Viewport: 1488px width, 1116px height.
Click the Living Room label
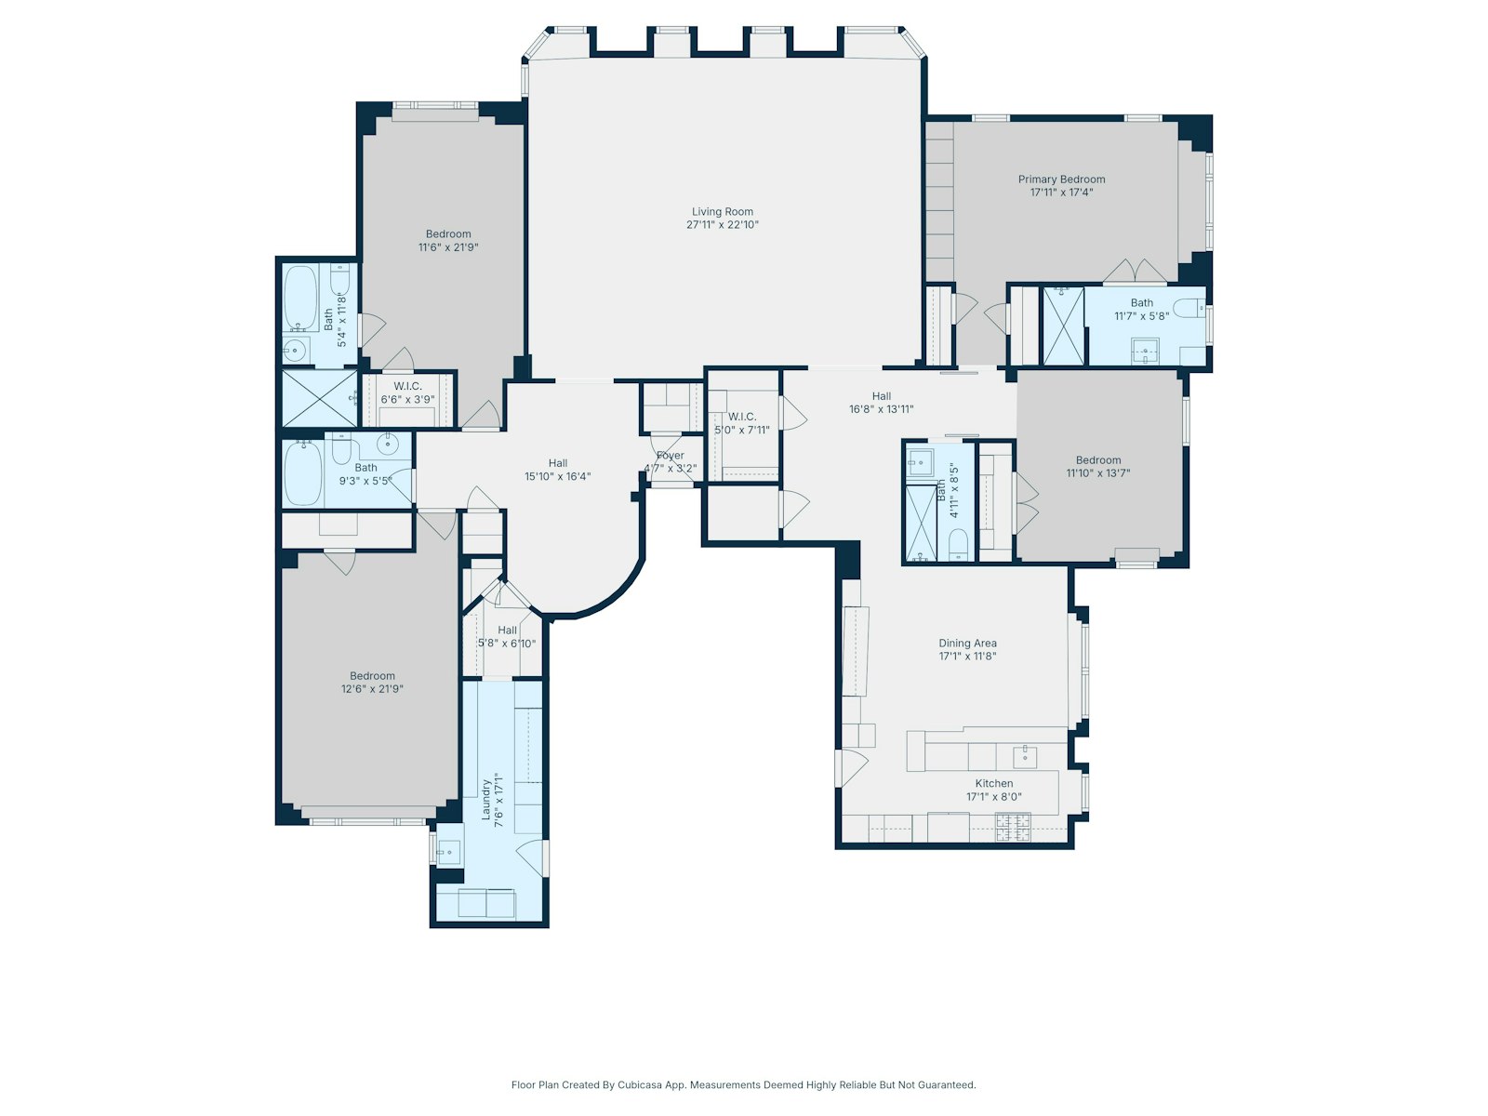coord(722,212)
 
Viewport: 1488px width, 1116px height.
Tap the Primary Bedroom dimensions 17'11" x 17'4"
coord(1061,193)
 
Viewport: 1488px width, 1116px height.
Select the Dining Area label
coord(967,644)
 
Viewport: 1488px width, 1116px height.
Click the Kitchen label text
coord(993,784)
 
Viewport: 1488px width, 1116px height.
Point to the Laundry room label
coord(485,799)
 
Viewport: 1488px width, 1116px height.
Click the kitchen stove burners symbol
coord(1013,826)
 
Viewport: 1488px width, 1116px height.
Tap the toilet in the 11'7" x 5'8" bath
coord(1186,308)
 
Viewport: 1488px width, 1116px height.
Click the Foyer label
coord(670,456)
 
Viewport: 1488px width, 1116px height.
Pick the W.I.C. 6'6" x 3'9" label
coord(407,387)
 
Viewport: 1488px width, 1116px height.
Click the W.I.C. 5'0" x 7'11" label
coord(741,417)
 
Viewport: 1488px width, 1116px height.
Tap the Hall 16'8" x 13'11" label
coord(881,396)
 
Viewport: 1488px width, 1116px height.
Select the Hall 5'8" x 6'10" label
coord(507,631)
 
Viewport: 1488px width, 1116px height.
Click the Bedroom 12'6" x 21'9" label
coord(372,676)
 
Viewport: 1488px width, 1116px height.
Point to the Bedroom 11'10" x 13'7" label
coord(1097,460)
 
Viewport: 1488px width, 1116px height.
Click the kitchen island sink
coord(1024,755)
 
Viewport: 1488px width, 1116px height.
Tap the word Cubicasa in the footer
coord(640,1084)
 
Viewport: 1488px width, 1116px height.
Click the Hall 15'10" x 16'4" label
coord(557,463)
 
